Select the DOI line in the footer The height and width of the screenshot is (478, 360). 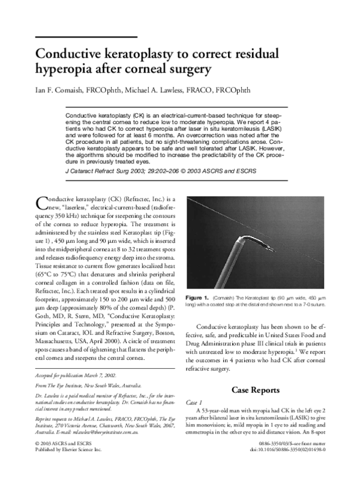pos(296,465)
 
